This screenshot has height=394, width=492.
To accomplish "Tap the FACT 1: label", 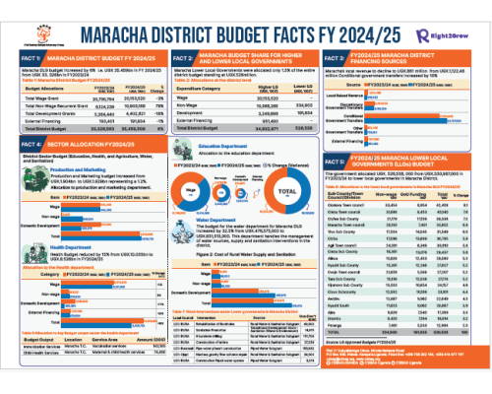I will (20, 62).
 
